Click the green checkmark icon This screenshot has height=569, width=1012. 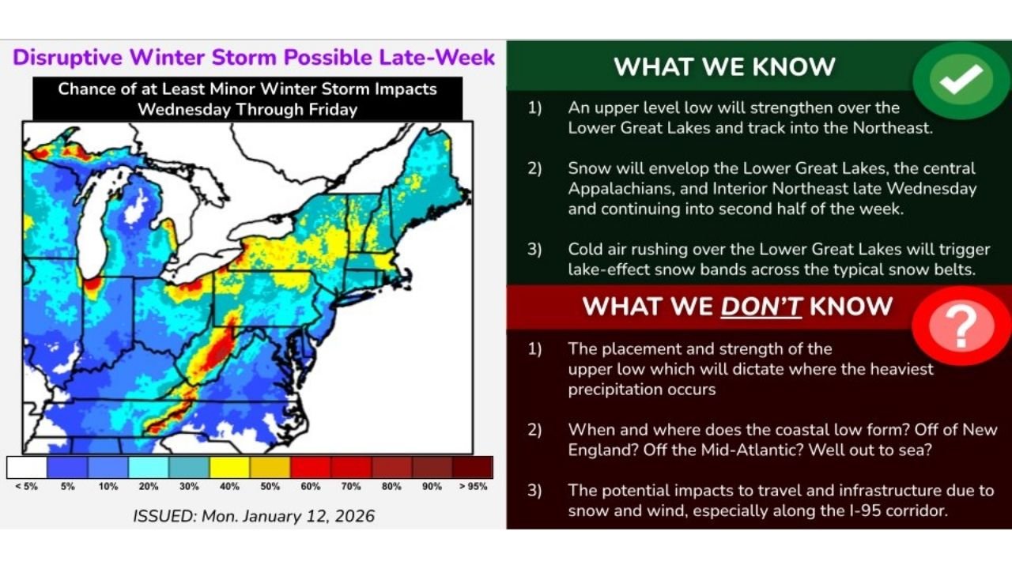point(961,80)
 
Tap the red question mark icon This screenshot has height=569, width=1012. point(961,326)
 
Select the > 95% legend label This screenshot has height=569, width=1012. point(472,487)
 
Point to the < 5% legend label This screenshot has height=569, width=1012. point(26,487)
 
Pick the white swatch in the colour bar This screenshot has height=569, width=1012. point(26,467)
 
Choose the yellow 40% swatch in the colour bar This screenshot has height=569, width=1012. point(229,467)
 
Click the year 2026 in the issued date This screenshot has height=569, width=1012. point(352,517)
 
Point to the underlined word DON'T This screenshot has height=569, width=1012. point(761,307)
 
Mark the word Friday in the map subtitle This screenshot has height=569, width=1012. point(334,109)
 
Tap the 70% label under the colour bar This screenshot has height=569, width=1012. point(350,487)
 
